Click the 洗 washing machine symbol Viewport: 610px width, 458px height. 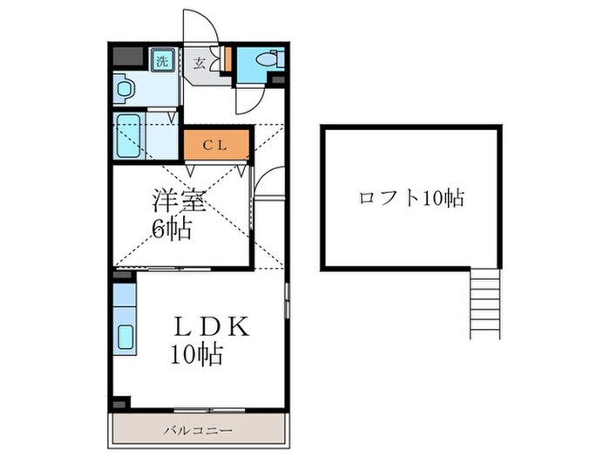162,60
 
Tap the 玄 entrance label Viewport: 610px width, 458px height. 199,63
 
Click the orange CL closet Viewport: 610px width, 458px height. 215,146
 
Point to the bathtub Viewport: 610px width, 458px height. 129,135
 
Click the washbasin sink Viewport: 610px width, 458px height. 123,88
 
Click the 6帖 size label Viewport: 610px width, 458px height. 173,230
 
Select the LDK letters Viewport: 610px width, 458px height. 211,327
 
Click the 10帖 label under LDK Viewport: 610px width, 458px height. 196,355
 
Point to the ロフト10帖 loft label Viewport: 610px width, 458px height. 410,198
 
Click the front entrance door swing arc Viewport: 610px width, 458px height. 200,25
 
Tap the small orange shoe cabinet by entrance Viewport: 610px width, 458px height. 227,59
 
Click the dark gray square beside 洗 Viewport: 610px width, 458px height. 128,57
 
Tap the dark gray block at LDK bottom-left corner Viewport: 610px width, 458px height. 120,403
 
